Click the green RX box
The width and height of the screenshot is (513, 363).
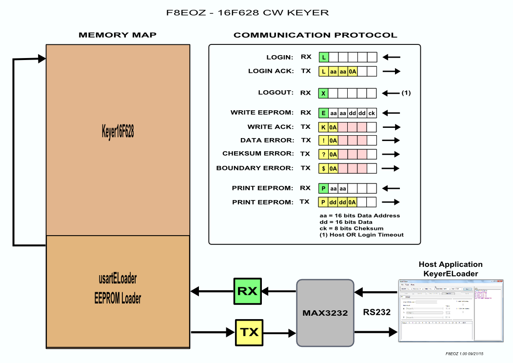(248, 291)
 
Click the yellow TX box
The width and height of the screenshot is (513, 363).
(249, 333)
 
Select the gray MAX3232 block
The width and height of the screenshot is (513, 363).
(325, 313)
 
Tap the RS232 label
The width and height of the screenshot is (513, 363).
(376, 313)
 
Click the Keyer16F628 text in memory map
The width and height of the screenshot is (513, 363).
(118, 132)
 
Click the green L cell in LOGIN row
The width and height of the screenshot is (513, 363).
(323, 57)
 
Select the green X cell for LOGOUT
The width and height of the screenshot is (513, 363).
(323, 93)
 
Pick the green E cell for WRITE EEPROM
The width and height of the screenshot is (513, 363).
(323, 113)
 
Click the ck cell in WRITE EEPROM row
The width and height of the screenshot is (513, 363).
(372, 113)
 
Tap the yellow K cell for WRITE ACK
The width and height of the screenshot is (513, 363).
(323, 127)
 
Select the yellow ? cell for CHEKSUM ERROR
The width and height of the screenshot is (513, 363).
(323, 154)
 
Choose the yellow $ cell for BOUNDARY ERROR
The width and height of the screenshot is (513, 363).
(323, 168)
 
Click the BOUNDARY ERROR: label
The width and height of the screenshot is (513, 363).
(255, 168)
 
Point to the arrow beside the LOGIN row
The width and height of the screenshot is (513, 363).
(391, 57)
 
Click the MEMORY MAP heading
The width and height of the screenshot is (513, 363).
(118, 35)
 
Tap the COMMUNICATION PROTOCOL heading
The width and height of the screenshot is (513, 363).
(315, 35)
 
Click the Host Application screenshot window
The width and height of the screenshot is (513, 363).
(450, 311)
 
